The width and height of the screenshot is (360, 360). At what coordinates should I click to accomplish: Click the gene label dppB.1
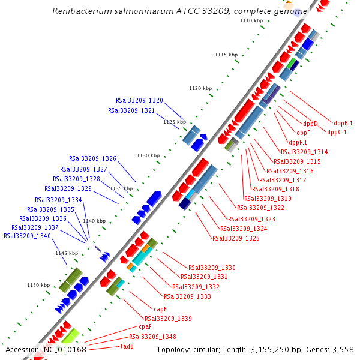pyautogui.click(x=344, y=123)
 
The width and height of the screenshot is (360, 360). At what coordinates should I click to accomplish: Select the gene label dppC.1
pyautogui.click(x=337, y=132)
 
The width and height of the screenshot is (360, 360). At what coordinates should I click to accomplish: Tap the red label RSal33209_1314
pyautogui.click(x=304, y=152)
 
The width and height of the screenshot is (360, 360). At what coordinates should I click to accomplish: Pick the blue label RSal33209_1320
pyautogui.click(x=139, y=100)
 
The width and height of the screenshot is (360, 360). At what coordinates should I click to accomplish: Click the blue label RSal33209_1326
pyautogui.click(x=92, y=158)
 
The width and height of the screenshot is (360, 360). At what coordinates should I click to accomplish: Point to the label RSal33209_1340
pyautogui.click(x=27, y=236)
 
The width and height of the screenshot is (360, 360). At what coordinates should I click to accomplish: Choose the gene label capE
pyautogui.click(x=160, y=309)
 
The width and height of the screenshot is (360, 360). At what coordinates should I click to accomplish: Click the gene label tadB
pyautogui.click(x=127, y=346)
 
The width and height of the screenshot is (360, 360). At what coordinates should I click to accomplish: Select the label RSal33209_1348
pyautogui.click(x=152, y=337)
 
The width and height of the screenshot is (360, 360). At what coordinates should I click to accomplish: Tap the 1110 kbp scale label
pyautogui.click(x=251, y=20)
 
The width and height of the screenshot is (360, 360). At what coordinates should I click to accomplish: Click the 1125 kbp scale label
pyautogui.click(x=175, y=122)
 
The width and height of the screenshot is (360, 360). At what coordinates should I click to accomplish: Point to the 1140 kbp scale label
pyautogui.click(x=94, y=221)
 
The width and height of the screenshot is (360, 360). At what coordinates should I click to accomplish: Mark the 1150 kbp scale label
pyautogui.click(x=38, y=285)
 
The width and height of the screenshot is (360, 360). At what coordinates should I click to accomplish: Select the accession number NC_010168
pyautogui.click(x=65, y=349)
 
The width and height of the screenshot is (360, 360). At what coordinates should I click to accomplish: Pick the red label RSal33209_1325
pyautogui.click(x=236, y=238)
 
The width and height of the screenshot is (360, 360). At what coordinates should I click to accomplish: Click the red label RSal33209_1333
pyautogui.click(x=187, y=296)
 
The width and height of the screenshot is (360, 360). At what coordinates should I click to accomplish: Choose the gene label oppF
pyautogui.click(x=303, y=133)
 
